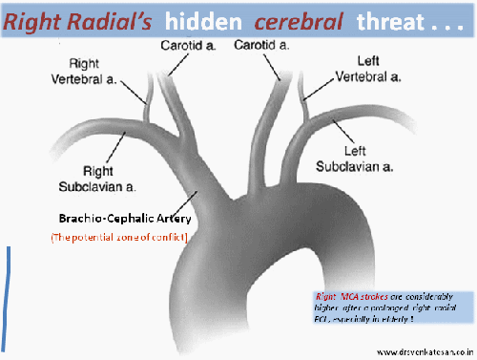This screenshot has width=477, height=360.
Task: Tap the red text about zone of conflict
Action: click(116, 236)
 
